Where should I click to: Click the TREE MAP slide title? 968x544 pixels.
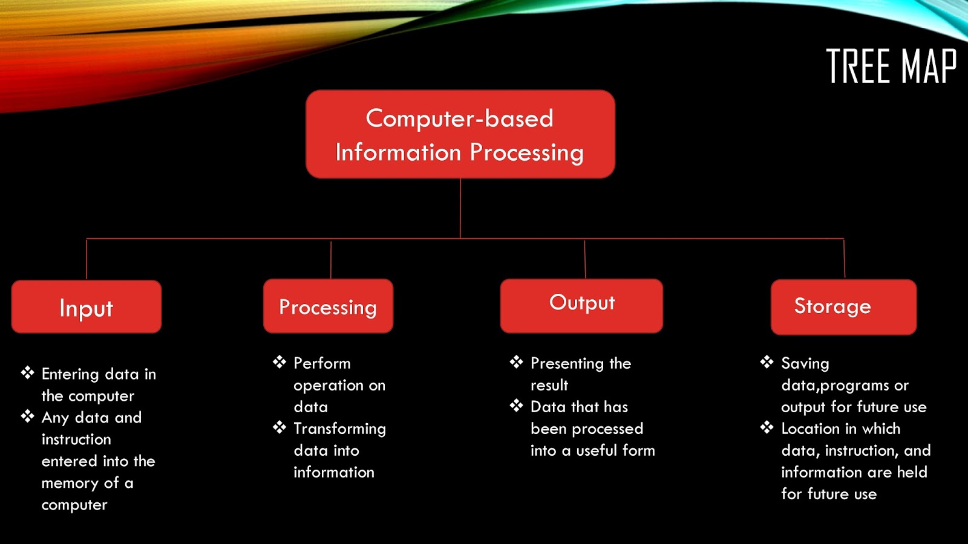pyautogui.click(x=891, y=66)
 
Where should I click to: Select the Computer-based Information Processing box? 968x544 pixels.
pyautogui.click(x=460, y=134)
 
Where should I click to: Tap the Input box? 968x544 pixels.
pyautogui.click(x=87, y=306)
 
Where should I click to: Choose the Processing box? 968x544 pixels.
pyautogui.click(x=329, y=306)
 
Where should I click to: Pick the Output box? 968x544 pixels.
pyautogui.click(x=581, y=306)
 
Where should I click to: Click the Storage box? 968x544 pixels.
pyautogui.click(x=843, y=307)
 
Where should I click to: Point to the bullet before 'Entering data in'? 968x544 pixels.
pyautogui.click(x=28, y=372)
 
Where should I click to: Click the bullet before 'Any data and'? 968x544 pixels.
pyautogui.click(x=28, y=416)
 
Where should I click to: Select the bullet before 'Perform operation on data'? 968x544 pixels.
pyautogui.click(x=280, y=362)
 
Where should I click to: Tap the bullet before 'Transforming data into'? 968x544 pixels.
pyautogui.click(x=280, y=427)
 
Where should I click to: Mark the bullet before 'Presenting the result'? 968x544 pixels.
pyautogui.click(x=517, y=362)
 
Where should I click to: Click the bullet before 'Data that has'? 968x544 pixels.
pyautogui.click(x=517, y=406)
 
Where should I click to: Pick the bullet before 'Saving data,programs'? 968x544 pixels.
pyautogui.click(x=767, y=362)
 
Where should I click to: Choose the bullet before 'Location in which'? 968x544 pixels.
pyautogui.click(x=767, y=427)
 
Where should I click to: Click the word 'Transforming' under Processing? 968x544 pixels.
pyautogui.click(x=339, y=429)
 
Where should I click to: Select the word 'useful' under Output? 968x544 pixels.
pyautogui.click(x=598, y=450)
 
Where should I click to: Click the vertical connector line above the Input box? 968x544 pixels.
pyautogui.click(x=87, y=259)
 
